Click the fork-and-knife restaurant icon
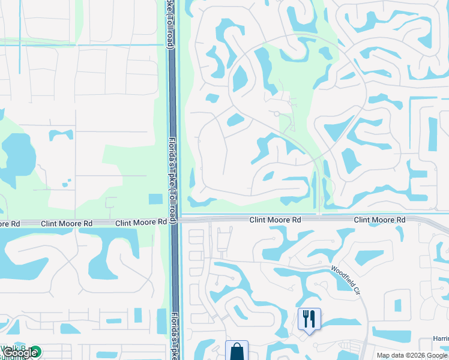point(309,318)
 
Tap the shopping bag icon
point(237,351)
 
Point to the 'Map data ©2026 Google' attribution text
point(412,355)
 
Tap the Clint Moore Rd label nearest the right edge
point(379,220)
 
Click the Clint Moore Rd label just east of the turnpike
point(275,220)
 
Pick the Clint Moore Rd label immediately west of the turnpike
point(141,222)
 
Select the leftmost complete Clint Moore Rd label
point(67,223)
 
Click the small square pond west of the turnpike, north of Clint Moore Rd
point(155,199)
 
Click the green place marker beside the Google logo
point(35,352)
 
